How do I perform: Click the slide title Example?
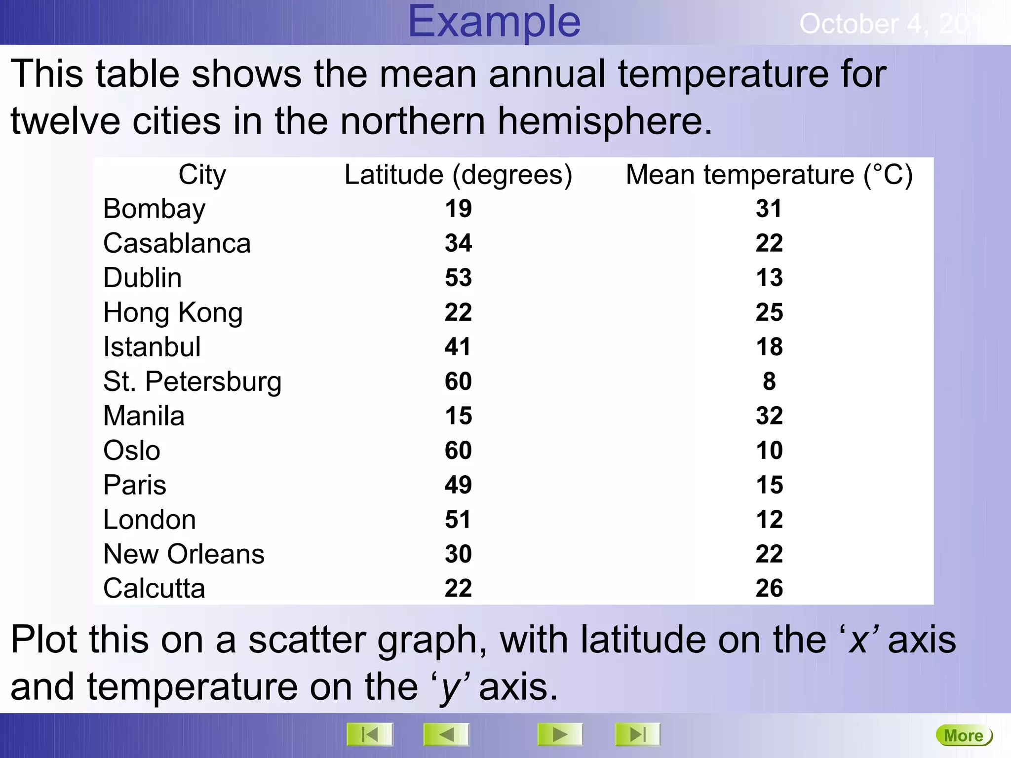(x=494, y=22)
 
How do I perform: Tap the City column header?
(x=202, y=175)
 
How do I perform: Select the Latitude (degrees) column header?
(x=458, y=175)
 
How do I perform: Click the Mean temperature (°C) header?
(x=769, y=175)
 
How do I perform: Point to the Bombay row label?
(x=154, y=209)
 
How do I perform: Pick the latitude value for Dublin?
(x=458, y=278)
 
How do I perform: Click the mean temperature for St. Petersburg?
(x=769, y=381)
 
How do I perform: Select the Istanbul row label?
(x=152, y=347)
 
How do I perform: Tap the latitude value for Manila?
(x=458, y=416)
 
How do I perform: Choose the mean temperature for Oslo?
(x=769, y=451)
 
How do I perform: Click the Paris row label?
(x=134, y=485)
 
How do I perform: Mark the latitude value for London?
(x=458, y=520)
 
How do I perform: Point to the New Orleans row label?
(x=184, y=554)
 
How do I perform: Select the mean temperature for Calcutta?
(x=769, y=588)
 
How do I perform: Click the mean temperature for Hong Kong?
(x=769, y=312)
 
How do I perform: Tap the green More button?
(x=964, y=736)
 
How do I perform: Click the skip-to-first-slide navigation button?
(x=370, y=735)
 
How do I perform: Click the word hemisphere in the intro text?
(x=604, y=121)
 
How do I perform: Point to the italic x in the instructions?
(x=858, y=641)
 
